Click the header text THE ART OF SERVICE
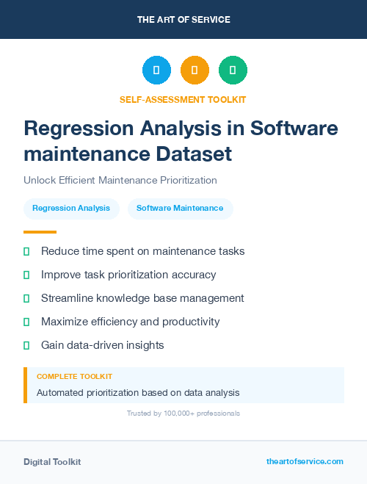183,20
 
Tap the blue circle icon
156,71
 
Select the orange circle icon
195,71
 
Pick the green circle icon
233,71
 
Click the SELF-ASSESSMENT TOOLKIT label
183,99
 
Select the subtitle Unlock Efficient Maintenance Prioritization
120,180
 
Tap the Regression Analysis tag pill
71,209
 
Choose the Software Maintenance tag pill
180,209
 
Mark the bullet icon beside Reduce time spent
26,251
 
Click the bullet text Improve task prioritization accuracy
128,275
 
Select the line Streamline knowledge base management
142,298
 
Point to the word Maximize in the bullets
65,322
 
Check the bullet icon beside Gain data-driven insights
26,345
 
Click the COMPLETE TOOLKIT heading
74,377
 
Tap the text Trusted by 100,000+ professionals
183,413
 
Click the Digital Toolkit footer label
52,462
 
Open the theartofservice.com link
305,461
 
